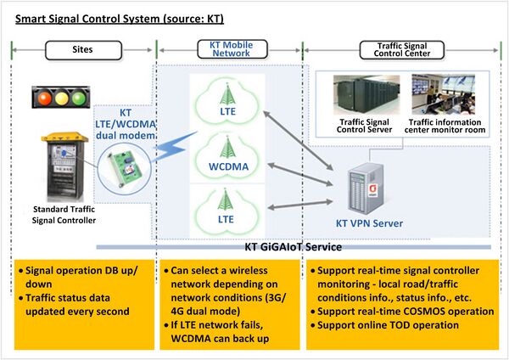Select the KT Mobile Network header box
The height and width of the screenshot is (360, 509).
coord(225,49)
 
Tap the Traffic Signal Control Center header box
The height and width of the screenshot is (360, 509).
coord(402,49)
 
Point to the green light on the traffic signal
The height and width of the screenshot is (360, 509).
coord(81,96)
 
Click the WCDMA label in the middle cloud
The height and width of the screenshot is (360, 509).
coord(225,166)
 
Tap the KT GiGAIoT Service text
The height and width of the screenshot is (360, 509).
coord(288,247)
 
